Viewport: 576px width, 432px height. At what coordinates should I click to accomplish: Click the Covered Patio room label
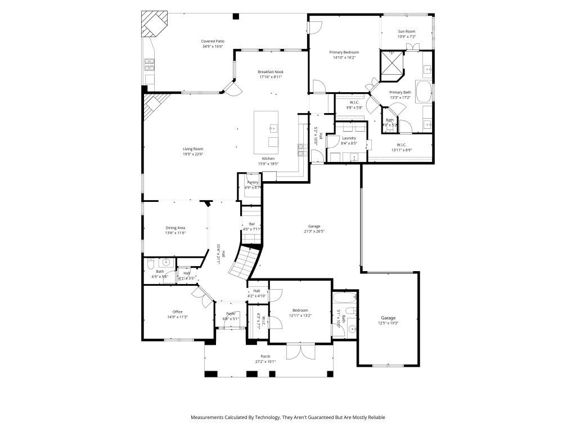point(213,41)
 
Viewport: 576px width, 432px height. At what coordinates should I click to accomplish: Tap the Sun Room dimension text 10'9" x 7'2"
point(407,37)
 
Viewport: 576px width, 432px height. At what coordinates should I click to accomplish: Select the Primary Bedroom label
point(344,52)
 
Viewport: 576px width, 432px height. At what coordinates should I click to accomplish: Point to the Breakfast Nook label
point(271,72)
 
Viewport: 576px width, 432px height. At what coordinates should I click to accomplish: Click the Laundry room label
point(349,138)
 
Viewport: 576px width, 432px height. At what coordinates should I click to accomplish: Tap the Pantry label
point(253,182)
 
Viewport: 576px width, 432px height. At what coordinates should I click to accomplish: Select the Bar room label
point(252,224)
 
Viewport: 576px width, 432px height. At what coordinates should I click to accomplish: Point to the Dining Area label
point(175,228)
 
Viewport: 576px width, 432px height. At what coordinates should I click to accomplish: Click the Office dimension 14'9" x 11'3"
point(177,317)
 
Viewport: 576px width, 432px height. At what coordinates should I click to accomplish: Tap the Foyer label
point(231,313)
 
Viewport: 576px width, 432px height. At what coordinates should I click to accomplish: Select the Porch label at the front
point(265,356)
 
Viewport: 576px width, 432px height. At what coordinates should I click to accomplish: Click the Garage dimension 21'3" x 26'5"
point(314,231)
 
